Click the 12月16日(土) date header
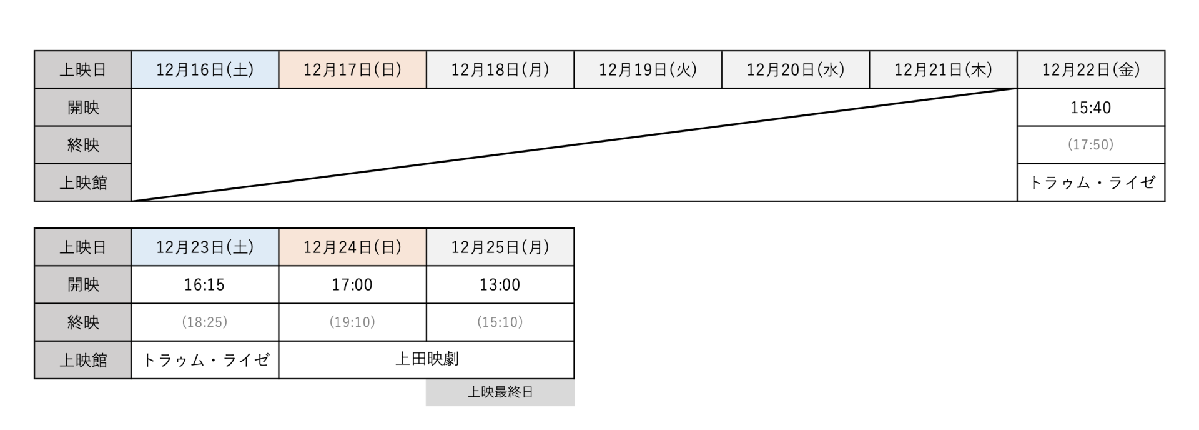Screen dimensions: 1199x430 click(x=205, y=69)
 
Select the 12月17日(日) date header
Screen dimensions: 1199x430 click(x=353, y=69)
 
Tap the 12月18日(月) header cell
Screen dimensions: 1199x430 click(x=500, y=69)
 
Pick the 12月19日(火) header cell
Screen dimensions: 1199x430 click(x=648, y=69)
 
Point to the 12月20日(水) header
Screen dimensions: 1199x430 click(x=796, y=69)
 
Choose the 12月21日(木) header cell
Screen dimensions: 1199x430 click(x=943, y=69)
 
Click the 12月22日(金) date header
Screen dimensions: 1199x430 click(x=1091, y=69)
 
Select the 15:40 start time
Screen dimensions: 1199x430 click(x=1091, y=107)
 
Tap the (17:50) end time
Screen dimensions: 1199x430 click(x=1091, y=145)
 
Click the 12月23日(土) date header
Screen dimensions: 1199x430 click(x=205, y=247)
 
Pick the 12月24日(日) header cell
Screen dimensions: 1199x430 click(x=353, y=247)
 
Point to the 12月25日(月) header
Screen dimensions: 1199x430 click(x=500, y=247)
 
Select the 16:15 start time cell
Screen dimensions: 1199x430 click(x=205, y=285)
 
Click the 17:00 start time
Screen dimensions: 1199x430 click(x=353, y=285)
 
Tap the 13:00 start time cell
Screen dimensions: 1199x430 click(x=500, y=285)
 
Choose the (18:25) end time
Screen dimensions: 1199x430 click(x=205, y=322)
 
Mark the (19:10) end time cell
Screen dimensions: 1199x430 click(x=353, y=322)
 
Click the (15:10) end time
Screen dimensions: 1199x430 click(x=500, y=322)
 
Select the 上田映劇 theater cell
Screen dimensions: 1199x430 click(x=427, y=360)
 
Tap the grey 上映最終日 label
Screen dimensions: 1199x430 click(x=500, y=392)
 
